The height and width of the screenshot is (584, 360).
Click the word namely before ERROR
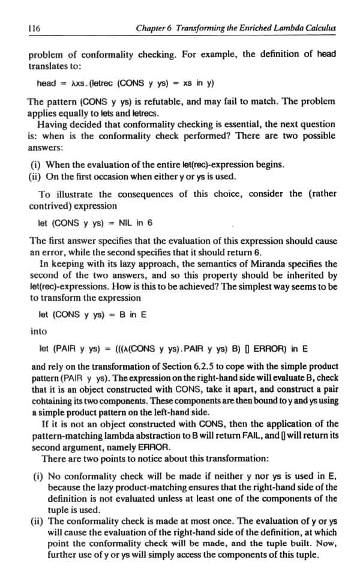pos(113,447)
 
